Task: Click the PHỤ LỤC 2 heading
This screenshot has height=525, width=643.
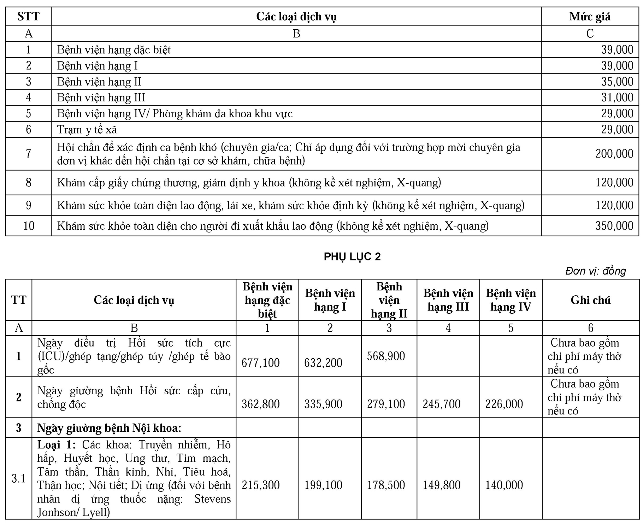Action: point(352,256)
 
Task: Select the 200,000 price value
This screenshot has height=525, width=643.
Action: point(614,154)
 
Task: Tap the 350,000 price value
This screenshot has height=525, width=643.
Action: point(614,226)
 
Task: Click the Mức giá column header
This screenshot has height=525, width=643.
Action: point(590,17)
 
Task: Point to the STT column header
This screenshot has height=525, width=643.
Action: point(28,17)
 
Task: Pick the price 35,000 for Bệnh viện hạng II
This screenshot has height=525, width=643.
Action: point(617,82)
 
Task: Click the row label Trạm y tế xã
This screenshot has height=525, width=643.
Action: point(87,130)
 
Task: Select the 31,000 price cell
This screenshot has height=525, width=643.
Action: point(617,98)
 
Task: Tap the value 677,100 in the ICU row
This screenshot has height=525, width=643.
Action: point(260,363)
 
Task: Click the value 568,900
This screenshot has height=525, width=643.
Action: point(386,356)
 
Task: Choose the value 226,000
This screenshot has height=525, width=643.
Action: point(504,404)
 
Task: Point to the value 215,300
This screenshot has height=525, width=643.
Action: point(260,485)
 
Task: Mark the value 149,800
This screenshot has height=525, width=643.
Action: point(441,485)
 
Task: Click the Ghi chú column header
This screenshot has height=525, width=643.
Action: point(590,300)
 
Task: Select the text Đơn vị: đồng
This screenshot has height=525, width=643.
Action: point(595,271)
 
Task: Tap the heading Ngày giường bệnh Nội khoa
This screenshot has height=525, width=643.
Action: point(109,428)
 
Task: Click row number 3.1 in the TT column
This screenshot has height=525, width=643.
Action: point(18,478)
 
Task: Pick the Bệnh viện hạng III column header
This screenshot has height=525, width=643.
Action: point(448,300)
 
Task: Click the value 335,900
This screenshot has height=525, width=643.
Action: point(323,404)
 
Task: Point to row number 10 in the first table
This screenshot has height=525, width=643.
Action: point(29,226)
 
